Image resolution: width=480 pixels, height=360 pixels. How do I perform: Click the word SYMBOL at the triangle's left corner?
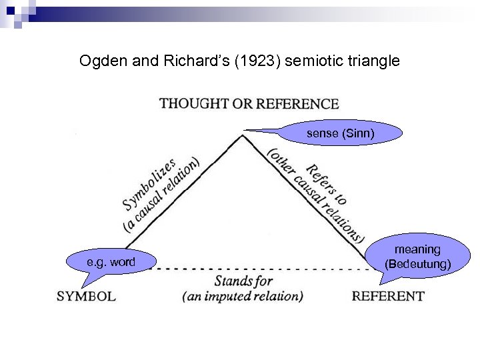[87, 296]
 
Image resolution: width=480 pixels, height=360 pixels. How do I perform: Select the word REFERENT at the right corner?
[387, 296]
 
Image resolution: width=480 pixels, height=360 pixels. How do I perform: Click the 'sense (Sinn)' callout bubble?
[340, 133]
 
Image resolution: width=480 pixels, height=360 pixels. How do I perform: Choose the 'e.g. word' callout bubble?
[111, 262]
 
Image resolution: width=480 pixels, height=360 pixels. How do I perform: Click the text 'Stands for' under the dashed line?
[243, 281]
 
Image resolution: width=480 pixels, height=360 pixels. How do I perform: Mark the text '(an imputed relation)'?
[243, 296]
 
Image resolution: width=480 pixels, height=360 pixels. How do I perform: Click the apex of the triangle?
[242, 136]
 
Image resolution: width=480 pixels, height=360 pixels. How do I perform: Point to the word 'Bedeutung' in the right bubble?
[418, 264]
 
